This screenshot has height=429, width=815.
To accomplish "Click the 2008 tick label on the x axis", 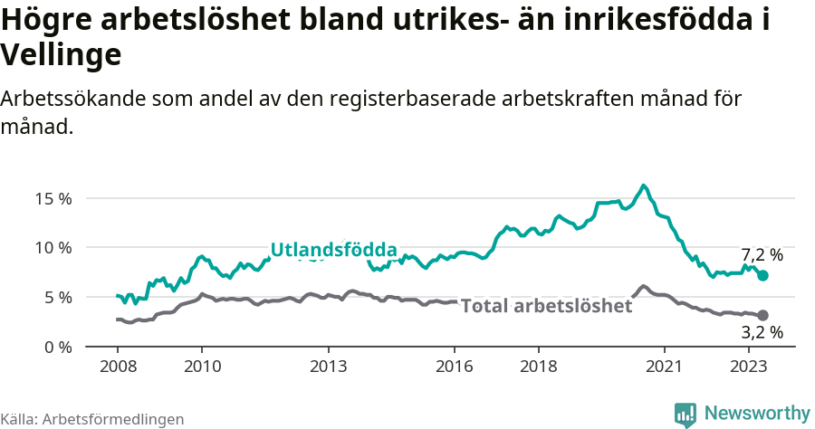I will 118,366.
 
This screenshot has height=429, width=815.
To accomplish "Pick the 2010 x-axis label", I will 202,366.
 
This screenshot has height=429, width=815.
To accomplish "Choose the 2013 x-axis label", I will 328,366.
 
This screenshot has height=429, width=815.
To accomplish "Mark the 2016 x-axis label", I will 455,366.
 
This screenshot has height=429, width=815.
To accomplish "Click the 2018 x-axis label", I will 539,366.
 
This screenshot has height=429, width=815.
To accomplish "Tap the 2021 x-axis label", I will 665,366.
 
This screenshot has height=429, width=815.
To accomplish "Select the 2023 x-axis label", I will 749,366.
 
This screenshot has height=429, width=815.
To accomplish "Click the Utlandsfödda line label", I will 333,250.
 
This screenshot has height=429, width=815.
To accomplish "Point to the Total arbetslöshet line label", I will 546,306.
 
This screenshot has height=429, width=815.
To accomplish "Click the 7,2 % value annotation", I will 762,255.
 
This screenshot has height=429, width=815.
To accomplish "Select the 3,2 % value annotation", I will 762,332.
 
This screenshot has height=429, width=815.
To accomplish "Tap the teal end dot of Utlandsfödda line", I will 762,275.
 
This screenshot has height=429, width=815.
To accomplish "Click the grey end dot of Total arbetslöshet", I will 762,315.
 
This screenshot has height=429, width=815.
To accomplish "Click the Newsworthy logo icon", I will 686,414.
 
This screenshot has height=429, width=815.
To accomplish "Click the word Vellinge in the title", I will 61,55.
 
